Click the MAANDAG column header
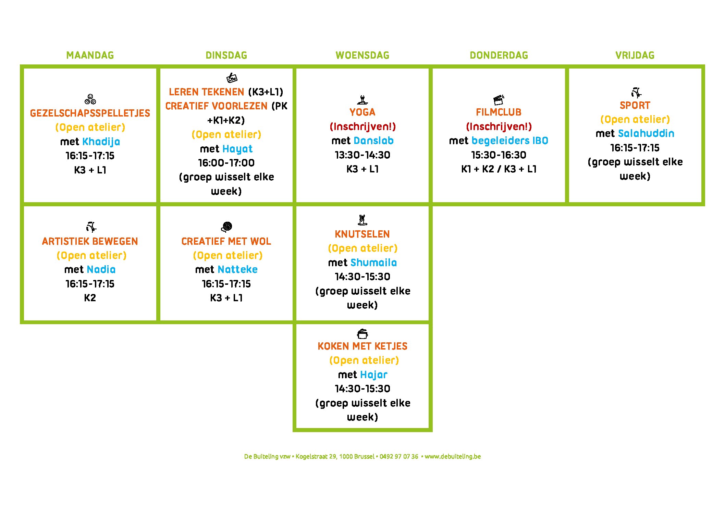tap(90, 55)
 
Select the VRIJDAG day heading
tap(635, 55)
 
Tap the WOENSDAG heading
tap(362, 55)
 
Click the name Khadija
tap(101, 142)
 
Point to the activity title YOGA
tap(362, 112)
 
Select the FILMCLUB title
tap(499, 112)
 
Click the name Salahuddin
tap(646, 133)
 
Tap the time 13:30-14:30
tap(362, 155)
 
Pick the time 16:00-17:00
tap(226, 163)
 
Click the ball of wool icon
tap(226, 227)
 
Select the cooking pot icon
tap(362, 333)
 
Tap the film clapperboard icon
tap(499, 100)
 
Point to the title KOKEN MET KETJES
tap(362, 346)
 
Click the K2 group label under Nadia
tap(90, 298)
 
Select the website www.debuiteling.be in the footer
tap(453, 456)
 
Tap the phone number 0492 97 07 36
tap(399, 456)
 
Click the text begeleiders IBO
tap(510, 141)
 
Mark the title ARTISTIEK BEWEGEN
tap(90, 241)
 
